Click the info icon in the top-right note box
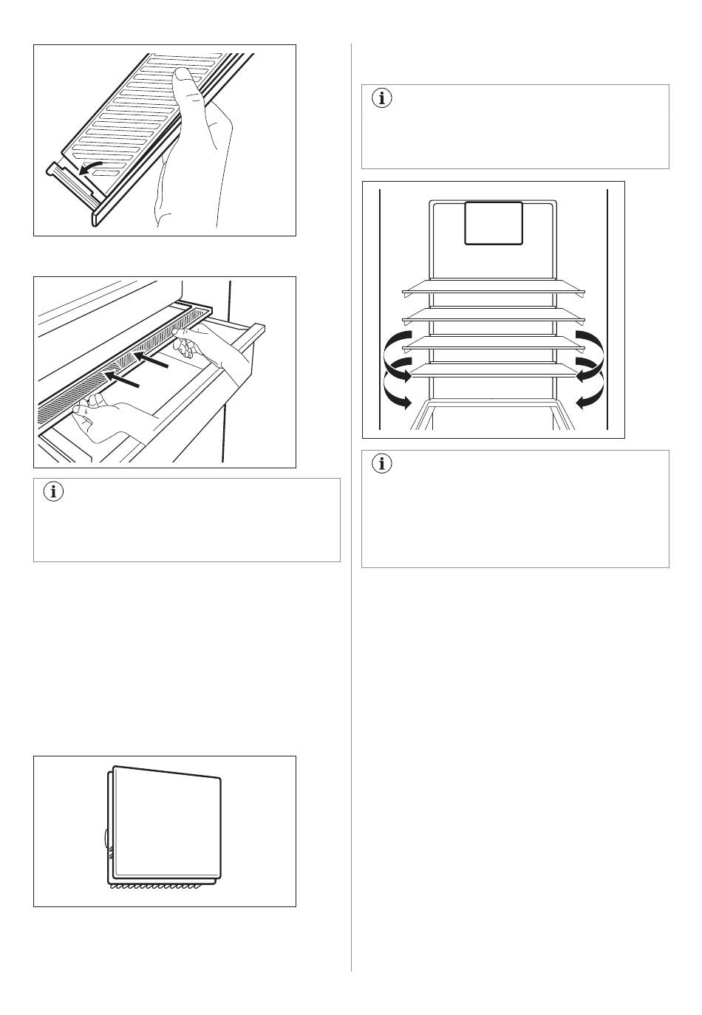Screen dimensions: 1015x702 pos(382,98)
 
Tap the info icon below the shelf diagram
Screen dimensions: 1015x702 pos(382,464)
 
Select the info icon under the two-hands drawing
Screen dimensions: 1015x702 pos(54,491)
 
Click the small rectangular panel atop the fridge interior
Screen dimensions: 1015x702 pos(493,222)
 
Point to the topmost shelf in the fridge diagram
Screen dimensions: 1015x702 pos(493,286)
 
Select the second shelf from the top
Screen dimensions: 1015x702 pos(493,314)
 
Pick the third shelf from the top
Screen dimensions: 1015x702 pos(493,341)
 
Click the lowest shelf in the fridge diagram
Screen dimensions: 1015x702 pos(493,369)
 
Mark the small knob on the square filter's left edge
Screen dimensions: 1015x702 pos(106,838)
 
